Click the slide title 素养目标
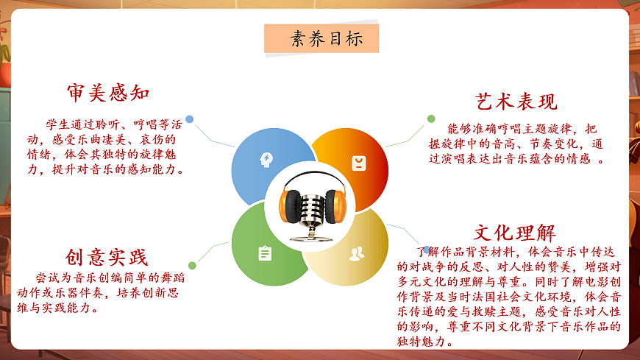[321, 38]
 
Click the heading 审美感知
[108, 93]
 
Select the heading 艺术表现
[516, 102]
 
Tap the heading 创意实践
[107, 257]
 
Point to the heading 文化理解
[514, 233]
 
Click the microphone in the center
[309, 213]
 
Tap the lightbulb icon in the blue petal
[265, 159]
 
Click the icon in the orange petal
[358, 163]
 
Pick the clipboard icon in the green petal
[265, 253]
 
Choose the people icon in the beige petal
[357, 254]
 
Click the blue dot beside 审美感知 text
[190, 119]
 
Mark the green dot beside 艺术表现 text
[430, 119]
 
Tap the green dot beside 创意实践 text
[192, 265]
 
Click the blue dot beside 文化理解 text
[425, 250]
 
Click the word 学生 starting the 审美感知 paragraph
[56, 123]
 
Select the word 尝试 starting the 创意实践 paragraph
[46, 278]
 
